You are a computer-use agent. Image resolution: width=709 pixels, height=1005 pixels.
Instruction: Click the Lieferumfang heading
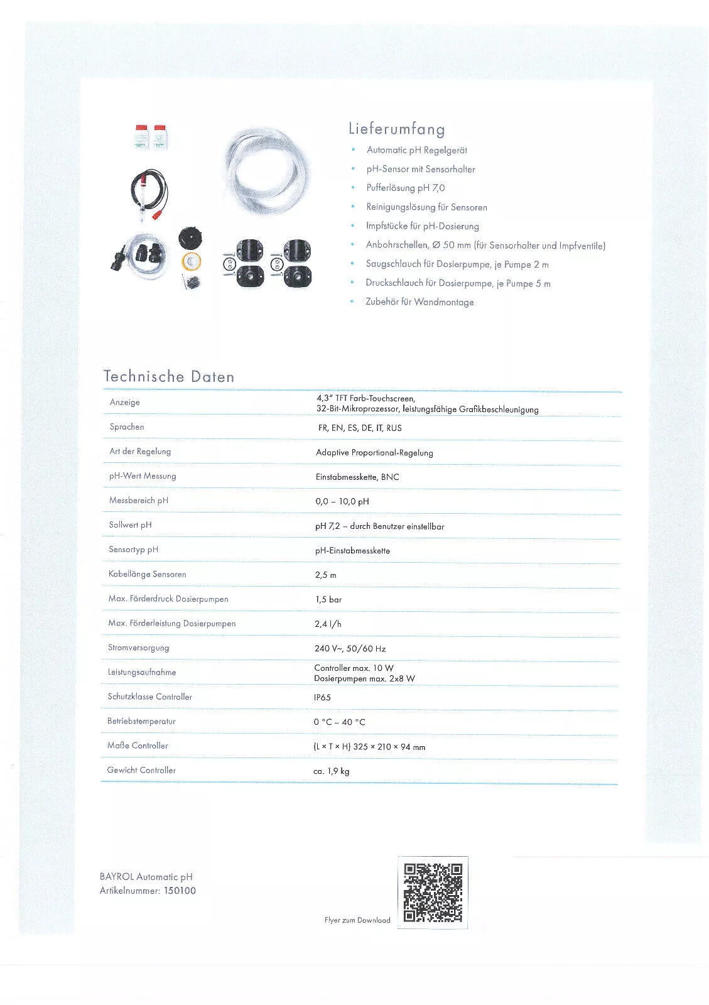point(396,129)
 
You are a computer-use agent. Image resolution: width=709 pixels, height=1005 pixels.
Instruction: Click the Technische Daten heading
point(169,377)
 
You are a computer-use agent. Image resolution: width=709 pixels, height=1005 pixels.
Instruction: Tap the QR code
point(433,892)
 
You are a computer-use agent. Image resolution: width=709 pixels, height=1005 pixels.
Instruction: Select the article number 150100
point(180,891)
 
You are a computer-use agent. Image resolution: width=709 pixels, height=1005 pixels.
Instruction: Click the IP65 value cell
point(322,697)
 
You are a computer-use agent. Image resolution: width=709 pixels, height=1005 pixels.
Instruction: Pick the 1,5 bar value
point(328,599)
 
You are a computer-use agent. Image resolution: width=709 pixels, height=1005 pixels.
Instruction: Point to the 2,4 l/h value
point(328,624)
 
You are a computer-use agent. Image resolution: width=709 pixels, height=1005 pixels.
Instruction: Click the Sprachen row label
point(127,427)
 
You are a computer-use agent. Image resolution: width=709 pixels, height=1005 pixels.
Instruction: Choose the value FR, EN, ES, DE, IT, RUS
point(360,428)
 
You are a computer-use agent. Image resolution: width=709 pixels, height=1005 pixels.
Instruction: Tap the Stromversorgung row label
point(138,648)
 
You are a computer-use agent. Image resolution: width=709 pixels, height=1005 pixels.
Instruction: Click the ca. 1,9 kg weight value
point(331,771)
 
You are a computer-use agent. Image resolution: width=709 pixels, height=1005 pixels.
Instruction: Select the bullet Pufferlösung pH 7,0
point(406,188)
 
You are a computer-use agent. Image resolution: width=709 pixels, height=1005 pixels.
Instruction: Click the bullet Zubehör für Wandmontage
point(419,302)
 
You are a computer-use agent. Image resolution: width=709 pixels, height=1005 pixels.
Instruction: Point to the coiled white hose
point(266,170)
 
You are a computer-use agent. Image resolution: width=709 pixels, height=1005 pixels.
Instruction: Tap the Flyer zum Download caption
point(357,920)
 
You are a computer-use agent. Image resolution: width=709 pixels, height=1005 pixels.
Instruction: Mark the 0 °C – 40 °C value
point(339,722)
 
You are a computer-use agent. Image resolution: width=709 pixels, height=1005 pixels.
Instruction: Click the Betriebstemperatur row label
point(141,721)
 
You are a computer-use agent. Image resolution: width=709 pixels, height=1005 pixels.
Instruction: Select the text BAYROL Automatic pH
point(146,877)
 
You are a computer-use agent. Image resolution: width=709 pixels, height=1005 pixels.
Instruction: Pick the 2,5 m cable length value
point(325,575)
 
